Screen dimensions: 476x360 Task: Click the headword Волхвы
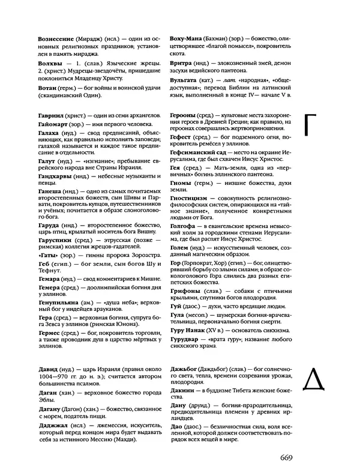(50, 62)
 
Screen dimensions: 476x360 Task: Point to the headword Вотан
(48, 88)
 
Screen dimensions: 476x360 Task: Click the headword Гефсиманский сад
(200, 154)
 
